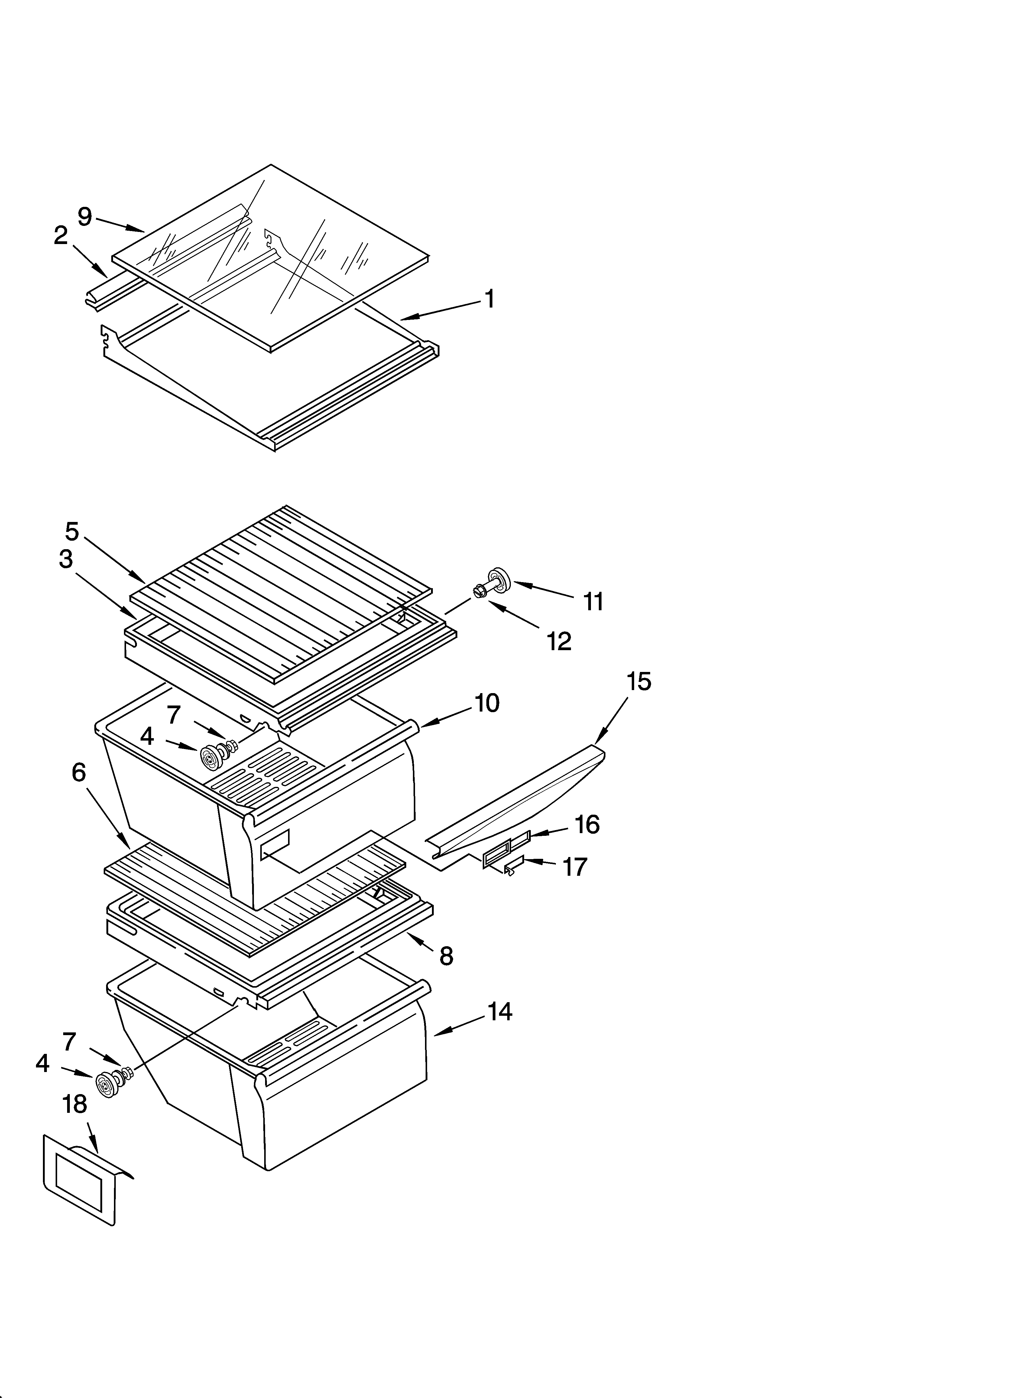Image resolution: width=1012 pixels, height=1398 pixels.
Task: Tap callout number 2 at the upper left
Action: [60, 235]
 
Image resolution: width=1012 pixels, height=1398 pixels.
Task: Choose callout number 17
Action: [574, 867]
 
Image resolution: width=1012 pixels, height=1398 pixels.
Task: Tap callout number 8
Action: [446, 956]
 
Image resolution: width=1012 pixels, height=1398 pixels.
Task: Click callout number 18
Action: [75, 1104]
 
